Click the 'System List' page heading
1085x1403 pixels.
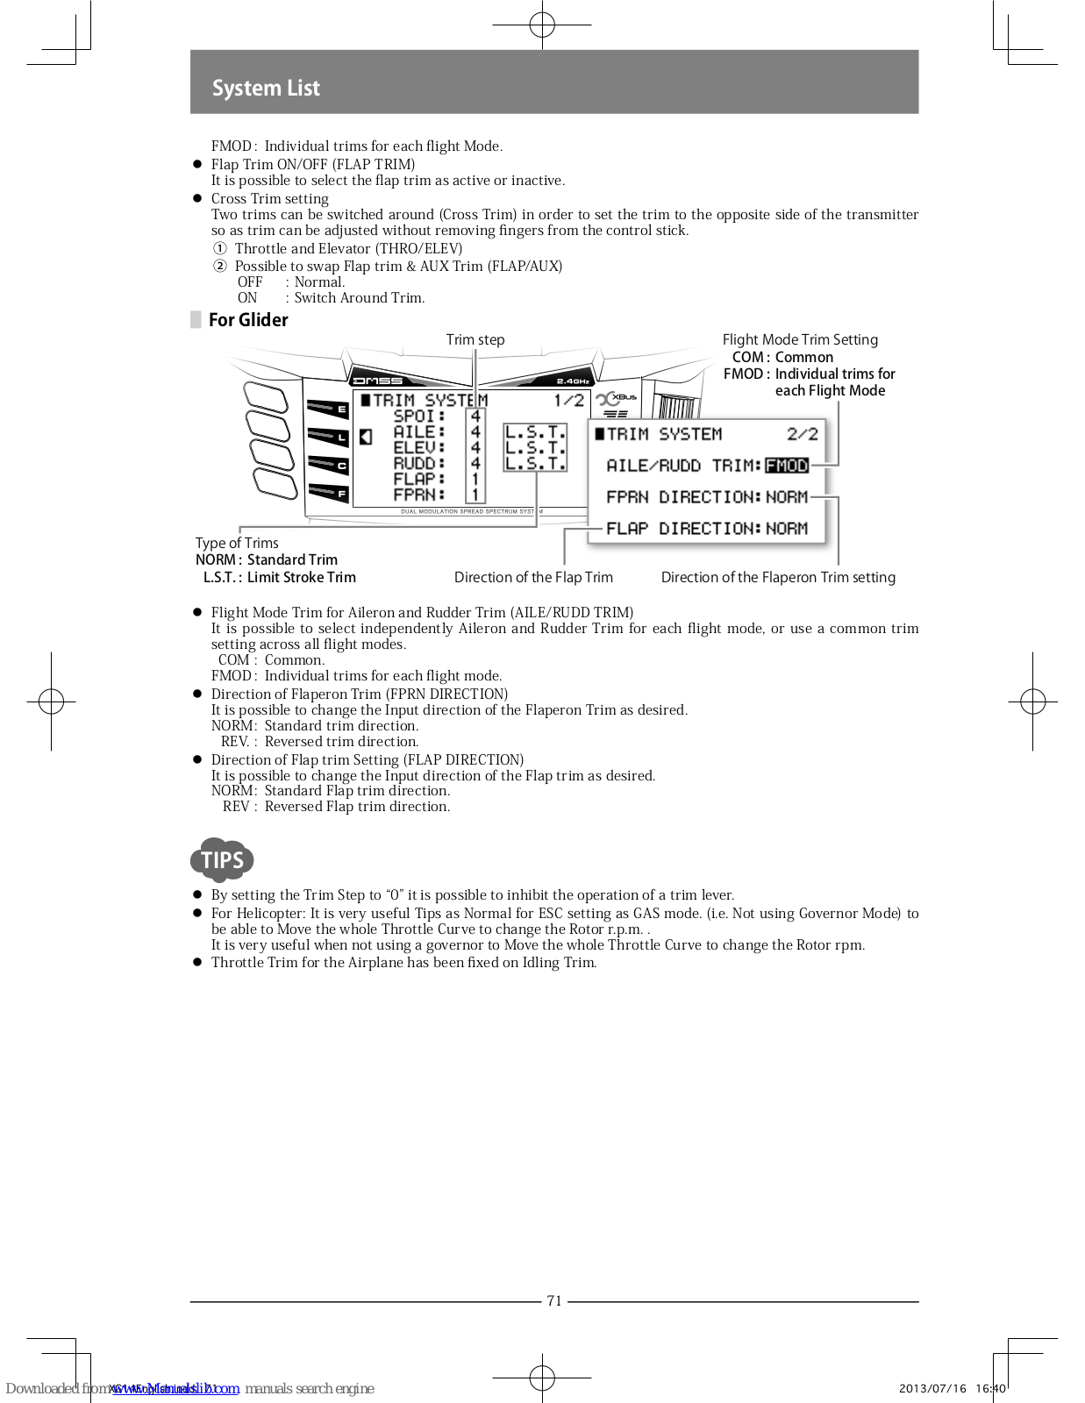[266, 88]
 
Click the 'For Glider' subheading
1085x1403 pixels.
[248, 320]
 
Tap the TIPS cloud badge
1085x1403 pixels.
[222, 860]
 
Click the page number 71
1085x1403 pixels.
[554, 1301]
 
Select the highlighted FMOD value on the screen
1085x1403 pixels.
[786, 466]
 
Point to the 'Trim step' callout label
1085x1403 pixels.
[475, 339]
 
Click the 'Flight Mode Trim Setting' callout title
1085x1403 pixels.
[800, 339]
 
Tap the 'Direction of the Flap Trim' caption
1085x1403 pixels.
[533, 577]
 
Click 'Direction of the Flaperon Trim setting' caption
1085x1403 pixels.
[778, 577]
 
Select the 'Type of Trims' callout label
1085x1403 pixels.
[237, 543]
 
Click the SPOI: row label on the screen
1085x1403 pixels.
[419, 417]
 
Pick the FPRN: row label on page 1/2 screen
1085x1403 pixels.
[419, 495]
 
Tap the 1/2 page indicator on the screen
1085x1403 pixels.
[568, 401]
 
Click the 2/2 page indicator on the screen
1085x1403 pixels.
[802, 434]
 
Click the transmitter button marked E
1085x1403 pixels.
[328, 409]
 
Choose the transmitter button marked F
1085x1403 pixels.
[328, 494]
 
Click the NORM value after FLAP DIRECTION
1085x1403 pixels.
[786, 529]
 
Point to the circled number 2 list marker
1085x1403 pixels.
[220, 266]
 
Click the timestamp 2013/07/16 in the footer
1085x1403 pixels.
[932, 1388]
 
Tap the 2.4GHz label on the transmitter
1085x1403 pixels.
[573, 381]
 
